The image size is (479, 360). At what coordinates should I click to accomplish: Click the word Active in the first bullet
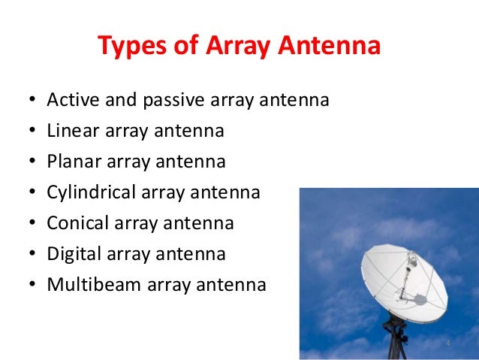69,100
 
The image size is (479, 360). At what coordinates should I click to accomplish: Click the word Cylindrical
91,192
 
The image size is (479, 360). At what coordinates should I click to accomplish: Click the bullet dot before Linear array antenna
30,132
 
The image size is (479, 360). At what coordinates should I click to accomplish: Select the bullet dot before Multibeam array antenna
30,286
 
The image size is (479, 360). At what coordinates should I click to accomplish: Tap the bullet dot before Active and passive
30,101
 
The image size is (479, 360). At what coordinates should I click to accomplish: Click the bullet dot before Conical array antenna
30,225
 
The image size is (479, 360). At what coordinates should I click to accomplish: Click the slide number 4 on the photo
447,343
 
